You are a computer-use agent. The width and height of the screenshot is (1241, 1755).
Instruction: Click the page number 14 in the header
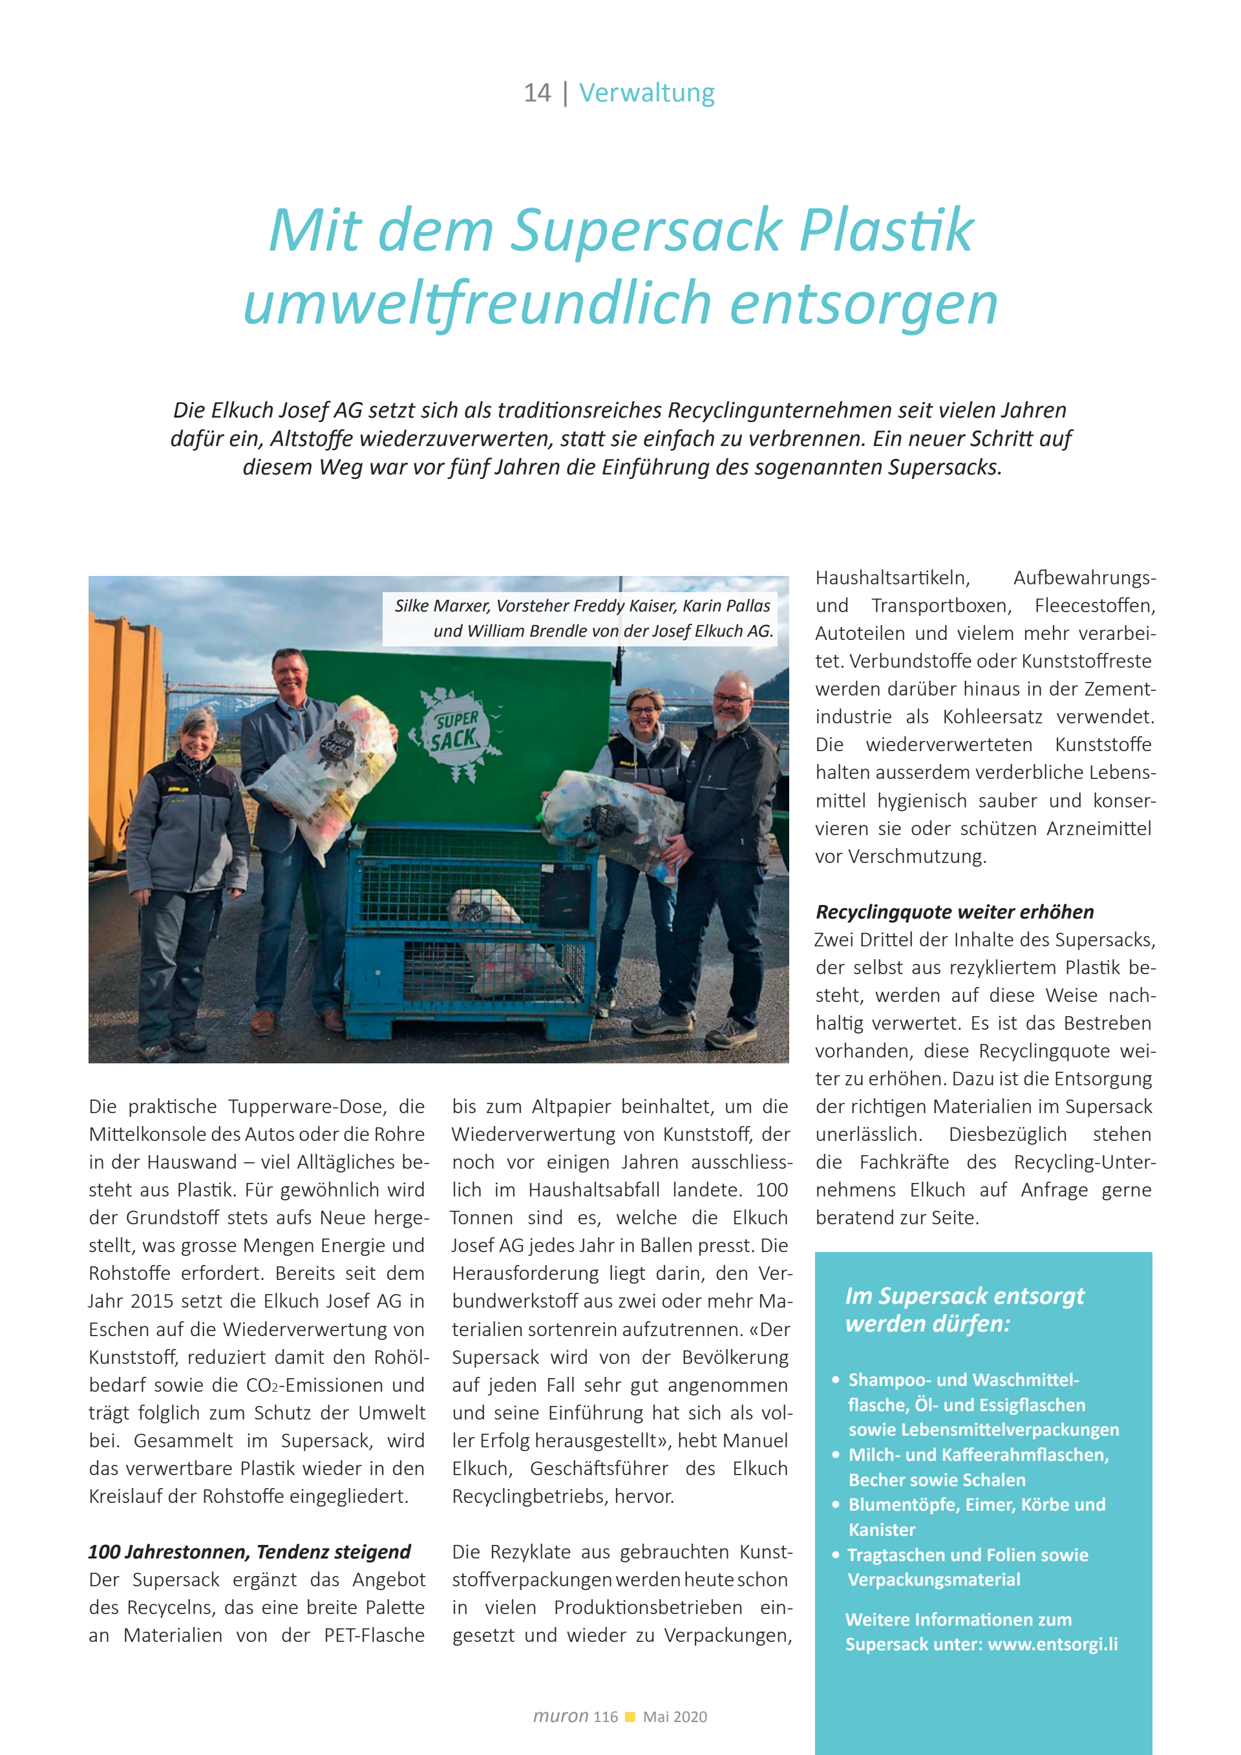tap(536, 93)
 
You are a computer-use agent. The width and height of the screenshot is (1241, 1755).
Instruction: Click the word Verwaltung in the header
tap(646, 93)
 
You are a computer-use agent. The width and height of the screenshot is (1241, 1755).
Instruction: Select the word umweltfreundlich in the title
tap(477, 303)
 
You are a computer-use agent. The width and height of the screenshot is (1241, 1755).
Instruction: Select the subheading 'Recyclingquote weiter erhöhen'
tap(955, 912)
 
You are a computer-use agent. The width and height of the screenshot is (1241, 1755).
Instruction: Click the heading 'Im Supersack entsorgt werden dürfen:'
tap(964, 1310)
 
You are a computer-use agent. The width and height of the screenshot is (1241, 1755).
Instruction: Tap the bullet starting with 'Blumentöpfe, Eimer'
tap(976, 1516)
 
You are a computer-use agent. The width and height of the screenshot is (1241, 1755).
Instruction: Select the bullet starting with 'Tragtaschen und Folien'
tap(968, 1567)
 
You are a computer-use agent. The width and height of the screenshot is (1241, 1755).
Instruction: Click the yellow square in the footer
tap(630, 1717)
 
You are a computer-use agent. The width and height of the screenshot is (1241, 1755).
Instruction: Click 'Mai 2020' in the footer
tap(675, 1717)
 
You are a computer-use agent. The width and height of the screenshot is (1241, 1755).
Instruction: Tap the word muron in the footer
tap(560, 1717)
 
